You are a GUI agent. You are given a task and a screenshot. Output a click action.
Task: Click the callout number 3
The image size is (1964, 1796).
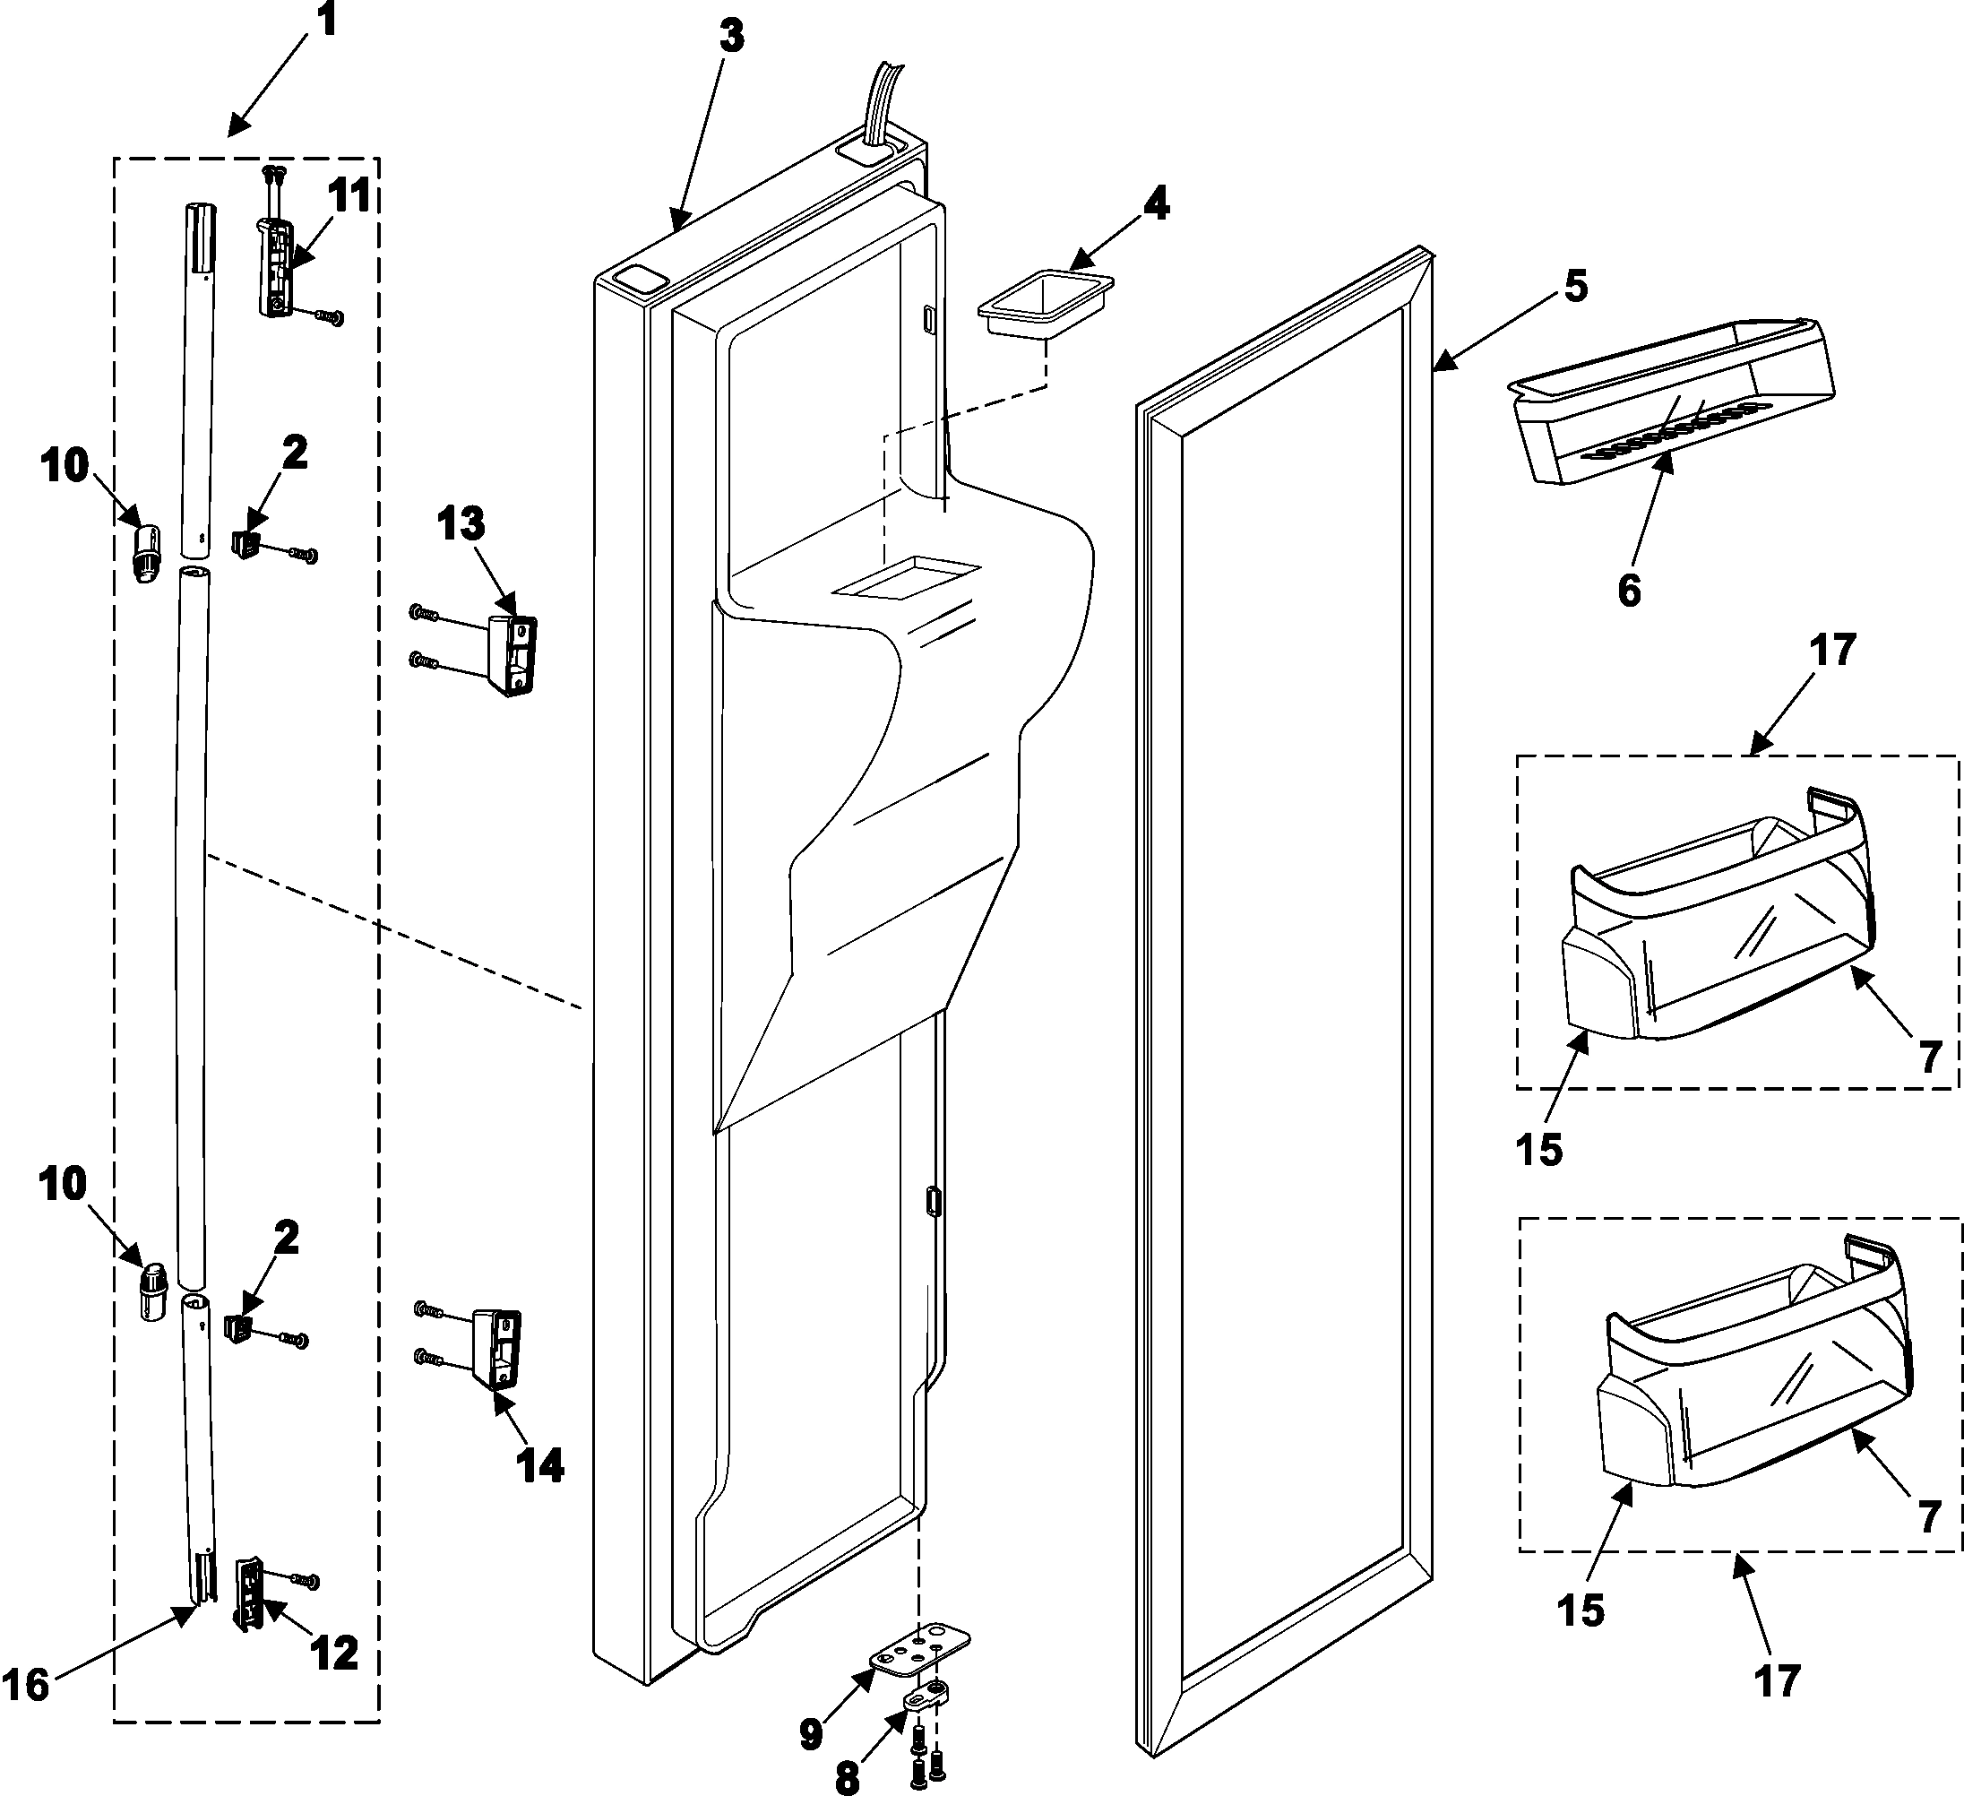click(x=732, y=37)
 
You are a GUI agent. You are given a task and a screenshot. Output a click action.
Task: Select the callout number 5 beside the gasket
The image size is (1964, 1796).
click(x=1575, y=287)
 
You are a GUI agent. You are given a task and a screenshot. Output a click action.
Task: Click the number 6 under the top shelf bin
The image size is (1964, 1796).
click(x=1630, y=591)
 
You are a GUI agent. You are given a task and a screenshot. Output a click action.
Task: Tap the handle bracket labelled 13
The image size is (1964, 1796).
click(x=515, y=655)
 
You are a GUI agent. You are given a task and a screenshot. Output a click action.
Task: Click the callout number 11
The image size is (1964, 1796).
click(x=349, y=196)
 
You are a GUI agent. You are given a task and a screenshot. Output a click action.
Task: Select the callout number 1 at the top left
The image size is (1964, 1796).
click(x=326, y=20)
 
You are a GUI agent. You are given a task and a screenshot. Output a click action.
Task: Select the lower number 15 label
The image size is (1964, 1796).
click(x=1581, y=1610)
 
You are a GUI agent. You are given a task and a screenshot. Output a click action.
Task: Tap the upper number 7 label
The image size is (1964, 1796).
click(x=1930, y=1057)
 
